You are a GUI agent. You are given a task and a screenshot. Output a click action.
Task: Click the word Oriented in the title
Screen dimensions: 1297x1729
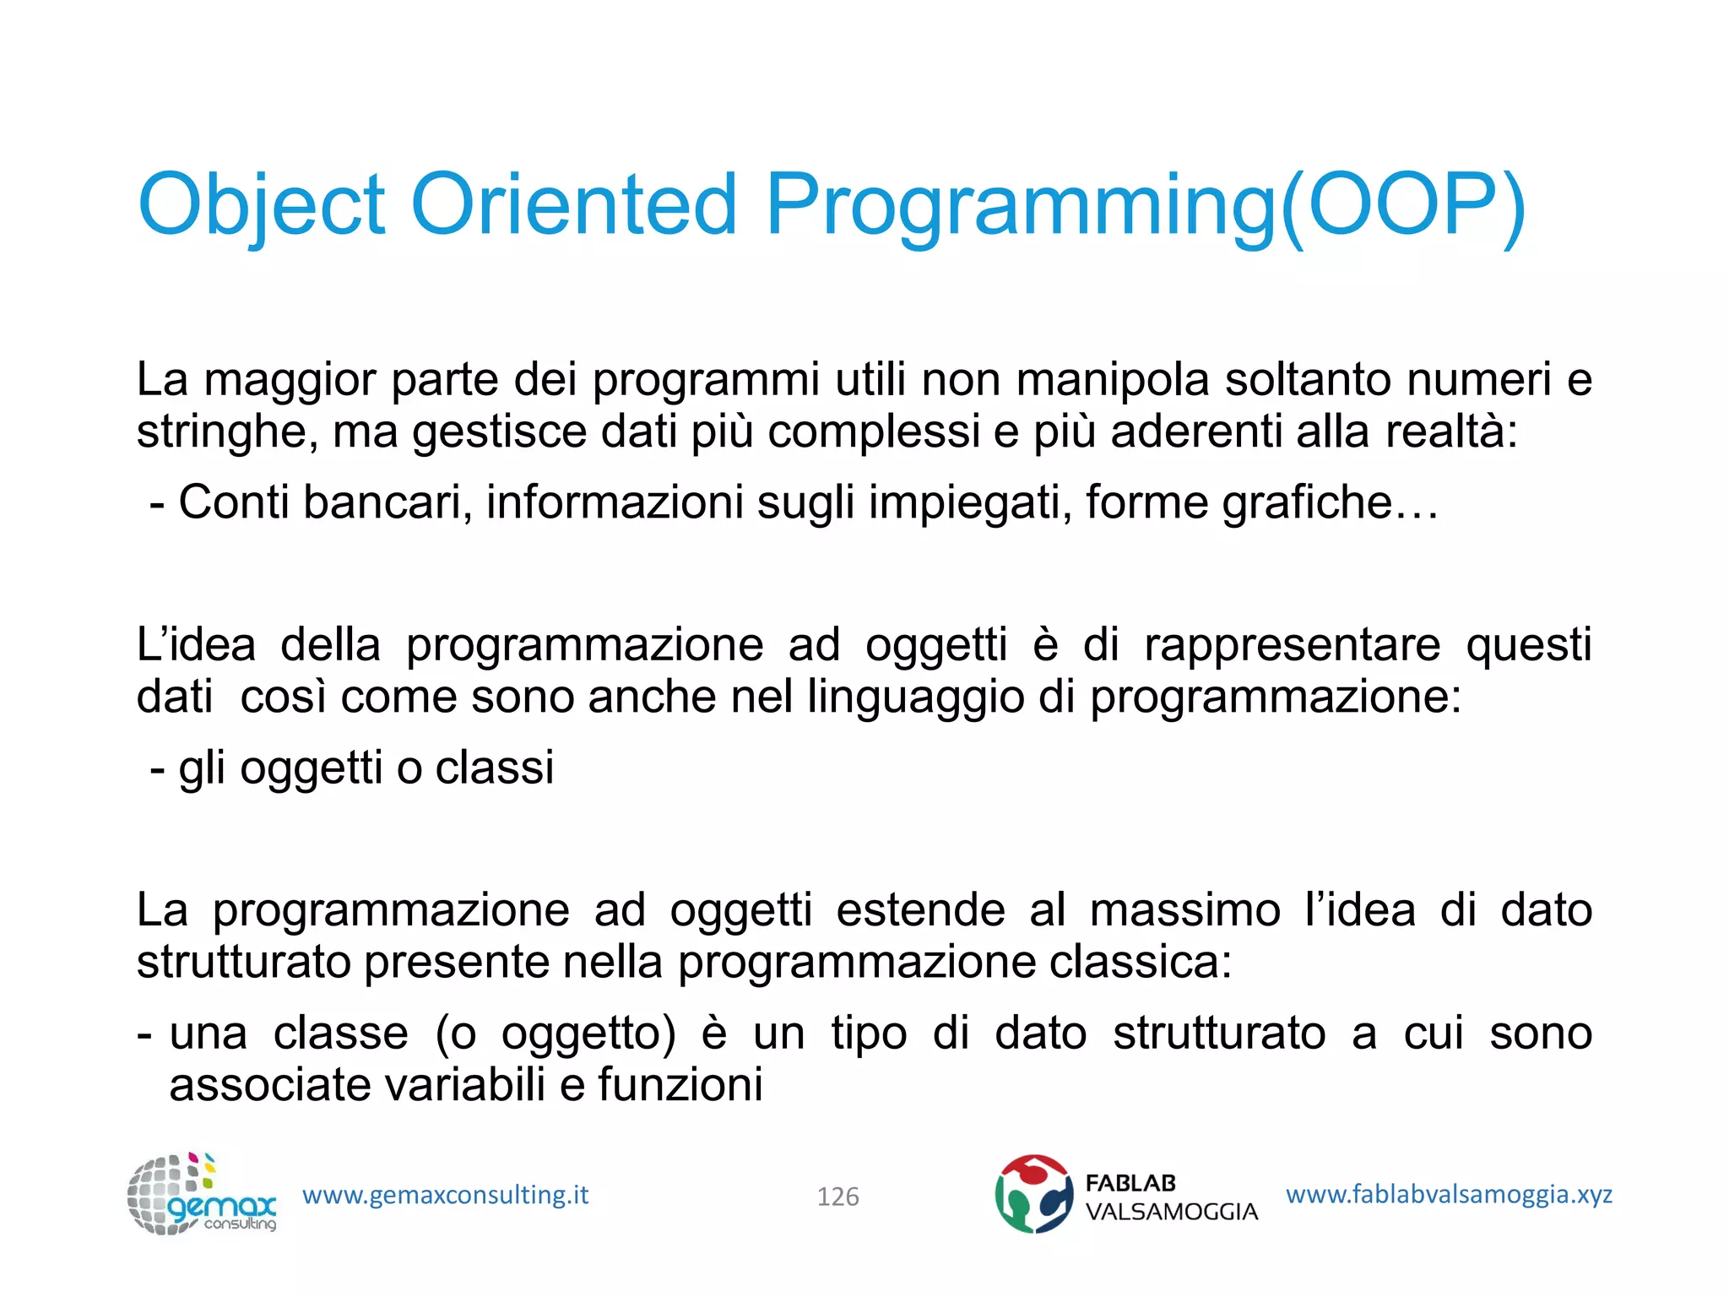pos(573,204)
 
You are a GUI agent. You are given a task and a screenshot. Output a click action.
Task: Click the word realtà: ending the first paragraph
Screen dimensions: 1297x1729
pos(1451,431)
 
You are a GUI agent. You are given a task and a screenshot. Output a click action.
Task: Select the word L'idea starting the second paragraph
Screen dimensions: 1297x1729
pos(196,645)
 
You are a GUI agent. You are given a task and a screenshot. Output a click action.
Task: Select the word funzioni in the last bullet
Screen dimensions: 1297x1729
pos(680,1086)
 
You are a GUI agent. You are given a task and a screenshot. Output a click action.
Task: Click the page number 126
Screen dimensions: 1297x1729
pos(837,1197)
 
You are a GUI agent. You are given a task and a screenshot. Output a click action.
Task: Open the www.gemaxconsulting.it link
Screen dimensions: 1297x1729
pos(445,1196)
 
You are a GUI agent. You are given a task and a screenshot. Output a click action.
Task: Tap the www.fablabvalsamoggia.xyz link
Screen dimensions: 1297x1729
pos(1449,1195)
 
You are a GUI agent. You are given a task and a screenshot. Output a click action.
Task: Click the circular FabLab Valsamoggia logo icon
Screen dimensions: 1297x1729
pos(1033,1194)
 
